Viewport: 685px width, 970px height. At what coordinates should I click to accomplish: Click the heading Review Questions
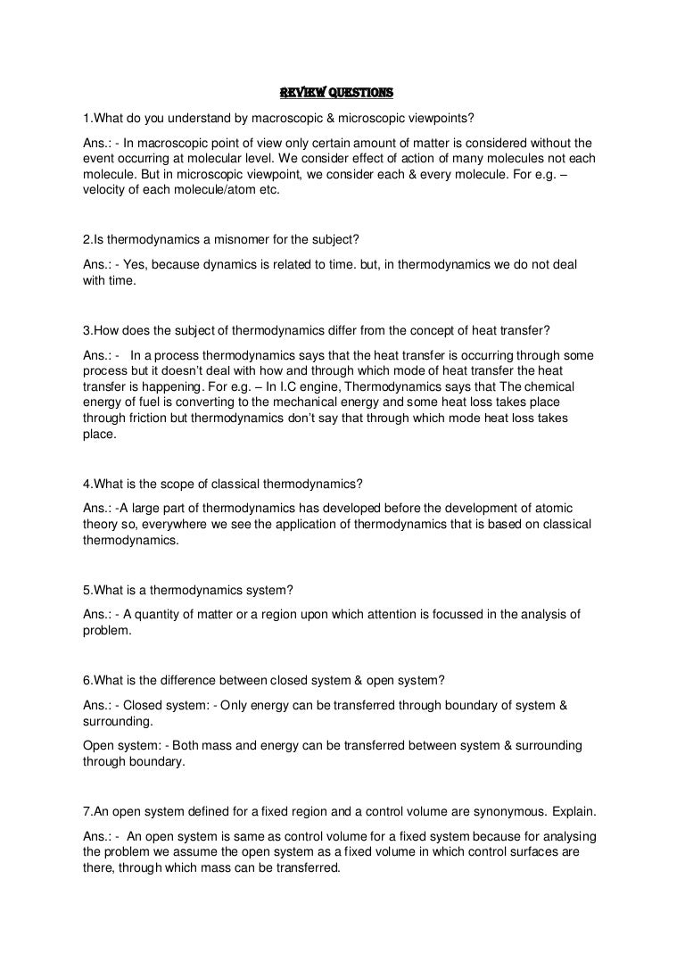[x=336, y=93]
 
